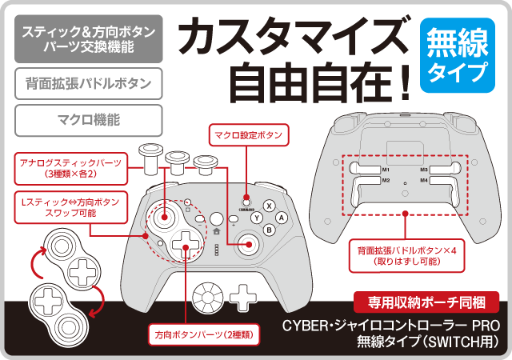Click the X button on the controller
pos(269,206)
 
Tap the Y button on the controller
pos(257,218)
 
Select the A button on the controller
pos(281,218)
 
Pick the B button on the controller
pos(269,230)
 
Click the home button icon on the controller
pos(216,232)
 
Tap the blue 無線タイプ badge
pos(457,55)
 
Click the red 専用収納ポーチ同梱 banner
pos(426,302)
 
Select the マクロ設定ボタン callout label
pos(249,135)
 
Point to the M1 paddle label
pos(386,170)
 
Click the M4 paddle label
pos(424,180)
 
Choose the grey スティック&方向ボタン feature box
pos(89,39)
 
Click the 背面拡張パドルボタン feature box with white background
pos(89,84)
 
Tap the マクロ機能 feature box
pos(89,120)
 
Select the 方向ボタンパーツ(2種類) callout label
pos(204,334)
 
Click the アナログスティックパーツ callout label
pos(71,168)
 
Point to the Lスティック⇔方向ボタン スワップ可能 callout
pos(71,207)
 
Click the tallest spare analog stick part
pos(151,158)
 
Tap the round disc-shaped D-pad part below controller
pos(208,298)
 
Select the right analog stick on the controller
pos(249,244)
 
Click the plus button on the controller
pos(233,219)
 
